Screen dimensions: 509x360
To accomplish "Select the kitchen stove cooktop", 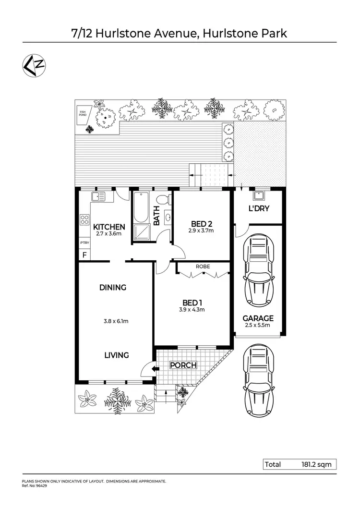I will point(84,220).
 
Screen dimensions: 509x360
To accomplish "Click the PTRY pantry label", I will point(84,243).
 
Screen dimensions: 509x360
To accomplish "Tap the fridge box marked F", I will point(84,255).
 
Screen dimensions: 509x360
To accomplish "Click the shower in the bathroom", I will point(142,232).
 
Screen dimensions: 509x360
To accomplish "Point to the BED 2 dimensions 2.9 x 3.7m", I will point(201,231).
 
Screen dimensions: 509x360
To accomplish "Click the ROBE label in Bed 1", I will point(203,266).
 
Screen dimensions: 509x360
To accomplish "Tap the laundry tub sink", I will point(258,195).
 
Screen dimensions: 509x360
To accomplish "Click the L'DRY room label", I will point(258,209).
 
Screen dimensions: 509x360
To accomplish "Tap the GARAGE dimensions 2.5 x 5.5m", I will point(258,326).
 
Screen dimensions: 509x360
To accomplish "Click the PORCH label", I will point(183,365).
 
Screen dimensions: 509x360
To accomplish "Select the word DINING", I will point(113,288).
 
